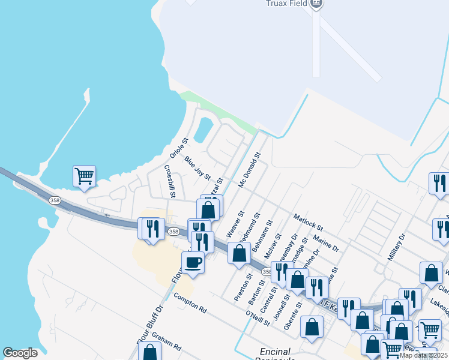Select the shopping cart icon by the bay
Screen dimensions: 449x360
pos(84,176)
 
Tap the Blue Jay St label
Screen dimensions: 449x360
pos(198,169)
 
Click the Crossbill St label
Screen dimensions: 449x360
pos(169,181)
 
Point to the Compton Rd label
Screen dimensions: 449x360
pos(190,304)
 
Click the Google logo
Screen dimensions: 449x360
pos(20,353)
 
